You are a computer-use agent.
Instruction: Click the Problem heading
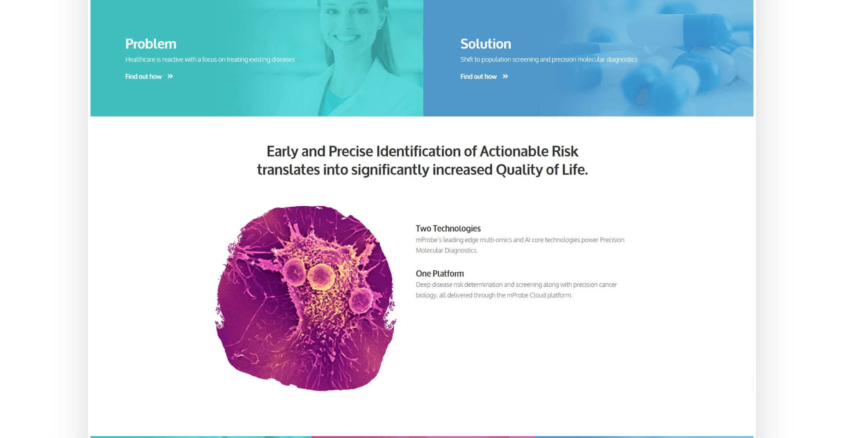[x=150, y=44]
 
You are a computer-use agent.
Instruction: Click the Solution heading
[x=485, y=44]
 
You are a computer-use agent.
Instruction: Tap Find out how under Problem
[x=143, y=77]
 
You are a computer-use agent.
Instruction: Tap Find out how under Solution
[x=478, y=77]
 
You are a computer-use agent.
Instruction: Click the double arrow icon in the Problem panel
[x=170, y=77]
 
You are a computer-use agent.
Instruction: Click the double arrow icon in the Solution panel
[x=505, y=77]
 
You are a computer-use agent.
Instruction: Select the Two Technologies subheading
[x=448, y=228]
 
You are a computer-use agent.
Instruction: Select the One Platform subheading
[x=440, y=274]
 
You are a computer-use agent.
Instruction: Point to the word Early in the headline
[x=282, y=152]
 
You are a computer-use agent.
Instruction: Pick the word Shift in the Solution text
[x=467, y=59]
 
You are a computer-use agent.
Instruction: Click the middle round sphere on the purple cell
[x=320, y=277]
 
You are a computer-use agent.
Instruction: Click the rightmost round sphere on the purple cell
[x=360, y=299]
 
